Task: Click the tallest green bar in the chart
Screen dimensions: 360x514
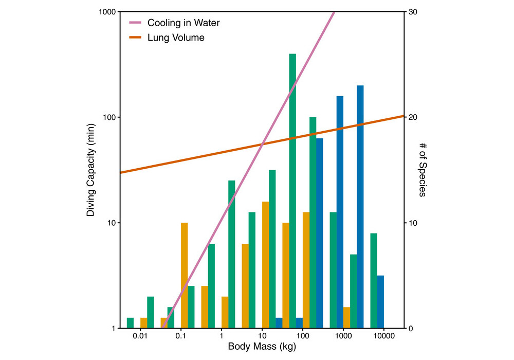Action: tap(292, 191)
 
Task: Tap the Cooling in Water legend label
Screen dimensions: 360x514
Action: tap(176, 23)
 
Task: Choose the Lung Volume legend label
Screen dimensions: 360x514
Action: tap(176, 38)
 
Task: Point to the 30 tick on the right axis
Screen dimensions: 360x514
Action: tap(413, 11)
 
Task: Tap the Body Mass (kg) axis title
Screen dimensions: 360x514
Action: tap(262, 347)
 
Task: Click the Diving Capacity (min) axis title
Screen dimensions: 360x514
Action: tap(91, 170)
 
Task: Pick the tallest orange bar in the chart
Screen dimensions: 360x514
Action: tap(266, 265)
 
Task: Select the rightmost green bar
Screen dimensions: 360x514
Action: tap(374, 281)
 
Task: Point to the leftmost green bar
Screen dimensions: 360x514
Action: tap(130, 323)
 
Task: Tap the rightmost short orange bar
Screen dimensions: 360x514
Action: tap(347, 318)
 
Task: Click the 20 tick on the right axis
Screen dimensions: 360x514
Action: tap(413, 117)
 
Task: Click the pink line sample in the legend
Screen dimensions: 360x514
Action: tap(135, 23)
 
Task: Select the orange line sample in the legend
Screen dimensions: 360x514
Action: tap(135, 38)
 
